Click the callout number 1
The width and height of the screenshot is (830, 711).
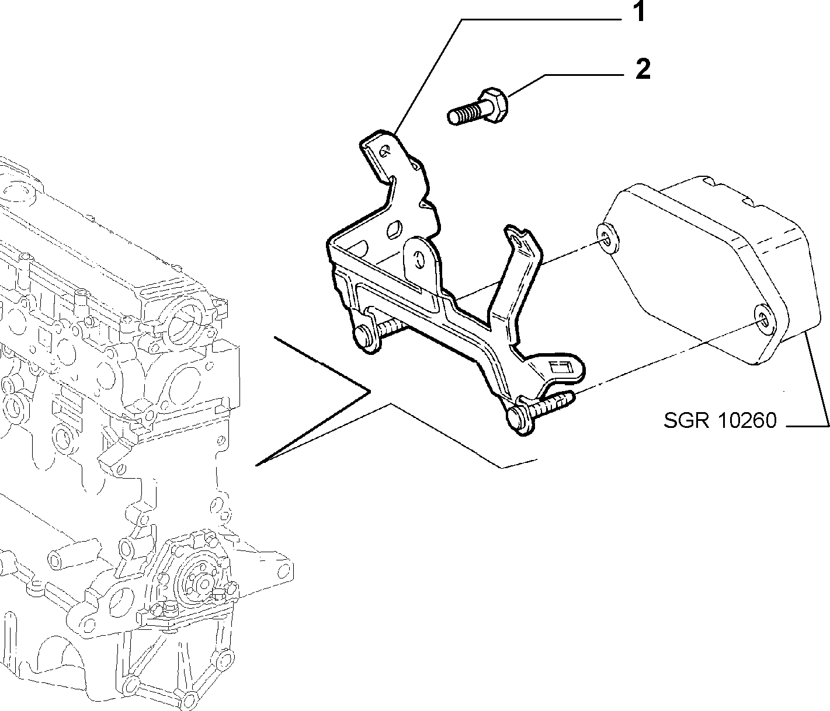click(x=640, y=12)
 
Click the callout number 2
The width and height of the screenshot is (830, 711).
click(x=643, y=69)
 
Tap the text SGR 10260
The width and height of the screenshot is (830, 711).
click(x=720, y=420)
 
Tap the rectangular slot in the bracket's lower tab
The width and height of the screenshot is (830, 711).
click(x=561, y=368)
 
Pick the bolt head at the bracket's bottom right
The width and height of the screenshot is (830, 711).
click(x=520, y=420)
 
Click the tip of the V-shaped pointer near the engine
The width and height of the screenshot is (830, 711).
click(x=256, y=465)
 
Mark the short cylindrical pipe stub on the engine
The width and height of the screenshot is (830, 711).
click(x=74, y=552)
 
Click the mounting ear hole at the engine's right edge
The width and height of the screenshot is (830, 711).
click(x=284, y=569)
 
